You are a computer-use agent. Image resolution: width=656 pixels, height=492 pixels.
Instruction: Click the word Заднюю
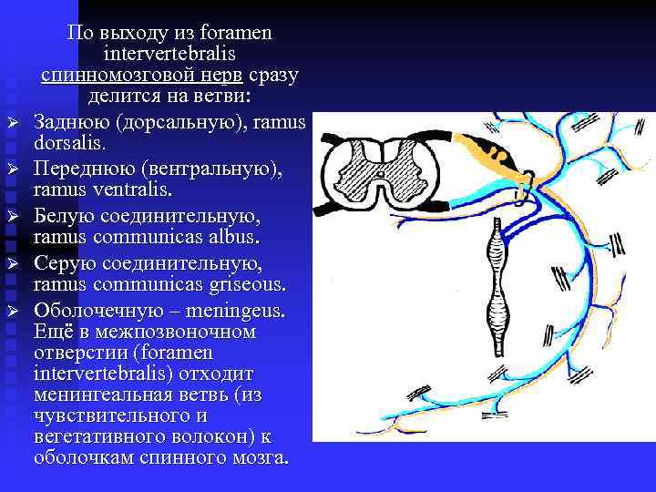[x=76, y=122]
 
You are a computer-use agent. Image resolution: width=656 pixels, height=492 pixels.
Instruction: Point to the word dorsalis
[x=68, y=143]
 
